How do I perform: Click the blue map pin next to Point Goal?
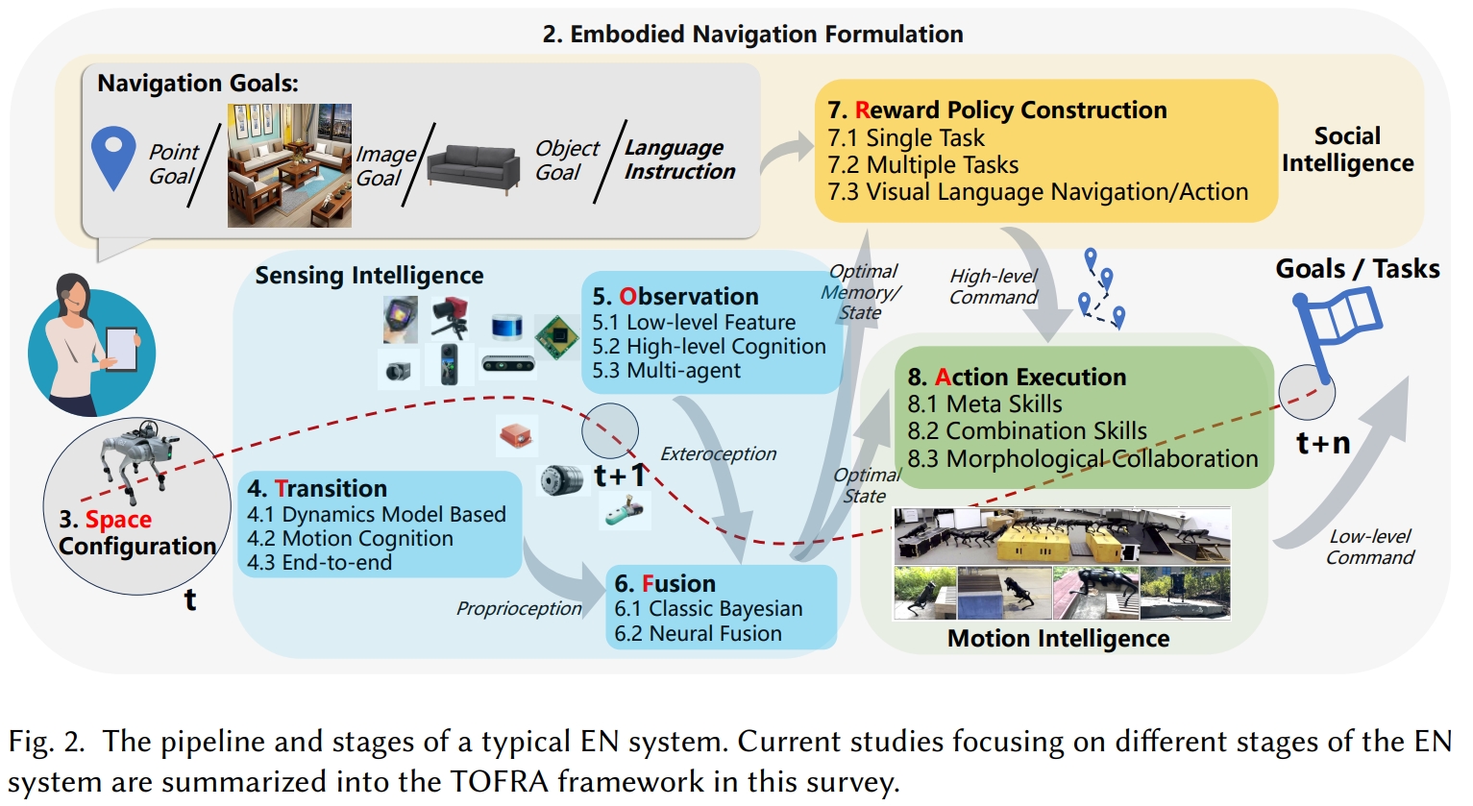(113, 157)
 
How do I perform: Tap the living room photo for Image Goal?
(289, 165)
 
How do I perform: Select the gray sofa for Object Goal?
(473, 169)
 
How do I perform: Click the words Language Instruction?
(679, 159)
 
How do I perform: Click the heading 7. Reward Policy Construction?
(997, 110)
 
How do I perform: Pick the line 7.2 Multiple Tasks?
(922, 165)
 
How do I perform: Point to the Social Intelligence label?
(1347, 150)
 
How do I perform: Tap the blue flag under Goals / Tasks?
(1338, 322)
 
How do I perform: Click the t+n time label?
(1323, 444)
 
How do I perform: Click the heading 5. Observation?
(675, 297)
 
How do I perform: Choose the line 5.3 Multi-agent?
(666, 371)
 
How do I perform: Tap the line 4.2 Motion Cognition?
(350, 539)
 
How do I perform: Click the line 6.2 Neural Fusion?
(698, 634)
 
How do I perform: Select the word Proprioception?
(519, 608)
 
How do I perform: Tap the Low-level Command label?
(1370, 548)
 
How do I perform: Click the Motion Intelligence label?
(1058, 639)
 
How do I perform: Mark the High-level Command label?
(993, 287)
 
